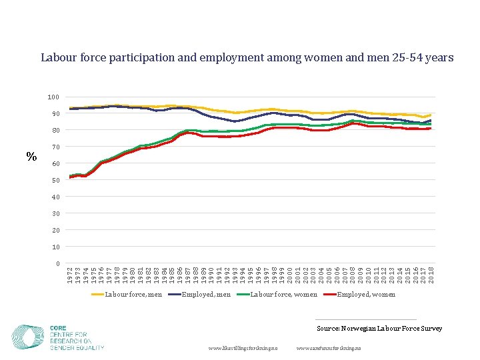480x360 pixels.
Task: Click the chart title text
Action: pos(247,58)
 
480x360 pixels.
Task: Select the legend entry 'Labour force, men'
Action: pos(133,294)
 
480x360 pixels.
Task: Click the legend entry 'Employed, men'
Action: pos(207,294)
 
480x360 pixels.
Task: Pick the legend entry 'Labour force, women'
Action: pos(283,294)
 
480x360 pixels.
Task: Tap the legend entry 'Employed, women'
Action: pos(366,294)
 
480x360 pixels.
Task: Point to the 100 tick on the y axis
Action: pos(53,97)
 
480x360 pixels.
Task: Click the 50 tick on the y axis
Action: pos(55,181)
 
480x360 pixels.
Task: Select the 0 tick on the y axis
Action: pos(57,263)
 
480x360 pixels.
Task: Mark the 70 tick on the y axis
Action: pos(55,147)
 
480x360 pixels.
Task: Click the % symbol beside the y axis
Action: pos(31,157)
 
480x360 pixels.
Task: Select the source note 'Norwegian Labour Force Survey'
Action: pos(379,329)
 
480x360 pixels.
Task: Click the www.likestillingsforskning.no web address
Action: pos(247,349)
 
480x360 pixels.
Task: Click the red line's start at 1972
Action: pos(71,177)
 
